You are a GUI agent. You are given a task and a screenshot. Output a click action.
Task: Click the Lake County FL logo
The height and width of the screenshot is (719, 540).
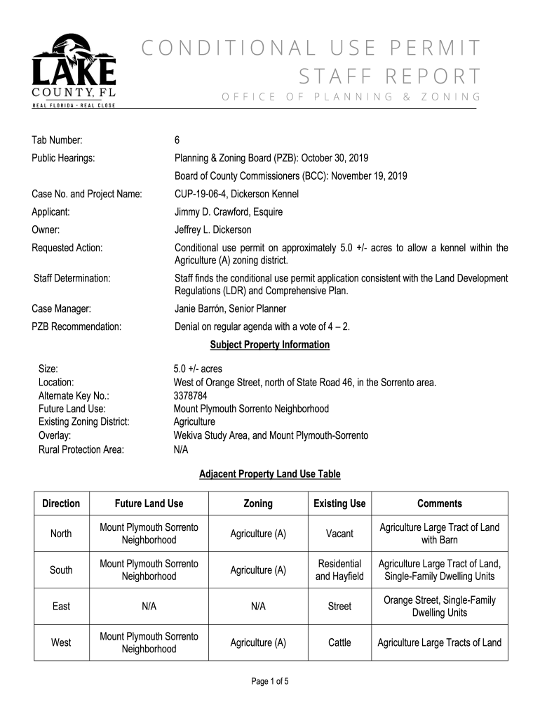tap(74, 71)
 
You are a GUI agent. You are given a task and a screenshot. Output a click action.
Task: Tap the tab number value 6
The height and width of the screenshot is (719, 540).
tap(177, 140)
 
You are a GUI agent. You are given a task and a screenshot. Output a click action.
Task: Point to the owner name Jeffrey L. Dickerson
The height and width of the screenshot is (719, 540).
tap(212, 230)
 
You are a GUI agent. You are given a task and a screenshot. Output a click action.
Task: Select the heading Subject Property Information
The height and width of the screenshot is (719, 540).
tap(270, 345)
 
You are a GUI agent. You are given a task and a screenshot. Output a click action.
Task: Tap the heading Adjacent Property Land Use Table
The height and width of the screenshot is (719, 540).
tap(270, 474)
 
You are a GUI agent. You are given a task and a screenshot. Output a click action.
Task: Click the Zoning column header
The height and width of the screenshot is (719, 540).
tap(258, 503)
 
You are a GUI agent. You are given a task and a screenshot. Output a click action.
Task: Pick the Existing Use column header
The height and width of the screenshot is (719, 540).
tap(339, 503)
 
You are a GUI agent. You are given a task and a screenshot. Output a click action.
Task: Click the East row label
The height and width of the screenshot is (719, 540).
tap(61, 606)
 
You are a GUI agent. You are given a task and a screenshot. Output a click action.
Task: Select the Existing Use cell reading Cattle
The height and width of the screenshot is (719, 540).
tap(339, 642)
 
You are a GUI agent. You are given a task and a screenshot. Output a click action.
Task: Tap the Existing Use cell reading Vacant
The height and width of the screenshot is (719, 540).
tap(339, 534)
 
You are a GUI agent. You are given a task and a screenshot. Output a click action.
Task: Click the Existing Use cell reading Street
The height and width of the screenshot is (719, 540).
tap(339, 606)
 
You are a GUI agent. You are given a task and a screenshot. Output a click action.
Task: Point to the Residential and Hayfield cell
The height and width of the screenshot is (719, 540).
tap(339, 570)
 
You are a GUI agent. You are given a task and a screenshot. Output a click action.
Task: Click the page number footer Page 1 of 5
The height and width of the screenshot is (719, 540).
tap(270, 681)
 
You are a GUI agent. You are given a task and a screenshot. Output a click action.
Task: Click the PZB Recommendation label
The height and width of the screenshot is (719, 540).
tap(77, 326)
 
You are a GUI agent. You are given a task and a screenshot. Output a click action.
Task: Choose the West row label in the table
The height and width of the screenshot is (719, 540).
tap(61, 642)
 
